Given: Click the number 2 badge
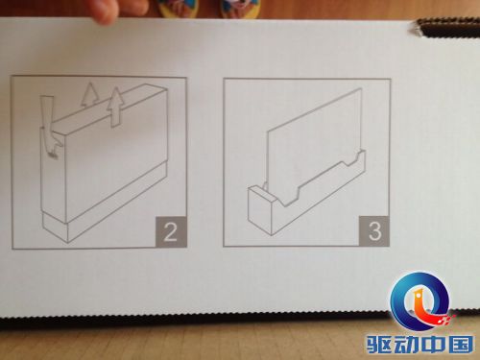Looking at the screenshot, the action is pyautogui.click(x=171, y=231).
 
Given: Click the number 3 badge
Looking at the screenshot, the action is pyautogui.click(x=374, y=231).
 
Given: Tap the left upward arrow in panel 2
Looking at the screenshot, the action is pyautogui.click(x=88, y=94).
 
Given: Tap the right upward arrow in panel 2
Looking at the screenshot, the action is pyautogui.click(x=114, y=108).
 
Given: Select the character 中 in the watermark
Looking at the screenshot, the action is pyautogui.click(x=433, y=346).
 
